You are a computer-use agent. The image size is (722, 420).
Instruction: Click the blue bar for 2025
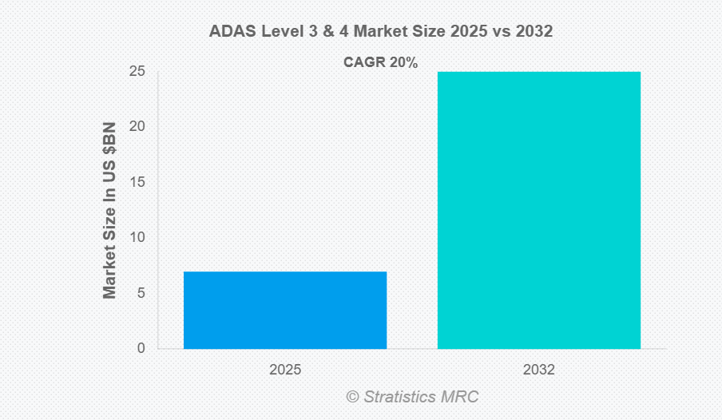click(x=285, y=310)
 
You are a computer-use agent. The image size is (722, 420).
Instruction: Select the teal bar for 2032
click(x=539, y=210)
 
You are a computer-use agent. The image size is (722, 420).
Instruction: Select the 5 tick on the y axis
click(x=141, y=293)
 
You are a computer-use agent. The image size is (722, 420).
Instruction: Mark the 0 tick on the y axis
click(x=141, y=348)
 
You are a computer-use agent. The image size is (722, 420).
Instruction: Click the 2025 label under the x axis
click(x=285, y=370)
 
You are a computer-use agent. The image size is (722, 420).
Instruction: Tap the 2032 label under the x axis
click(x=539, y=370)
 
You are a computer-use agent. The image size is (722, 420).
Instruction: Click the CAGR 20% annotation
click(x=381, y=62)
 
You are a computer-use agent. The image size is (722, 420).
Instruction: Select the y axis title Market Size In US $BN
click(x=110, y=211)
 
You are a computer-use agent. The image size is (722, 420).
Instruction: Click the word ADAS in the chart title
click(x=230, y=32)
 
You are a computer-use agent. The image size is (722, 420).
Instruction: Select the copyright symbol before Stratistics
click(x=352, y=397)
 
